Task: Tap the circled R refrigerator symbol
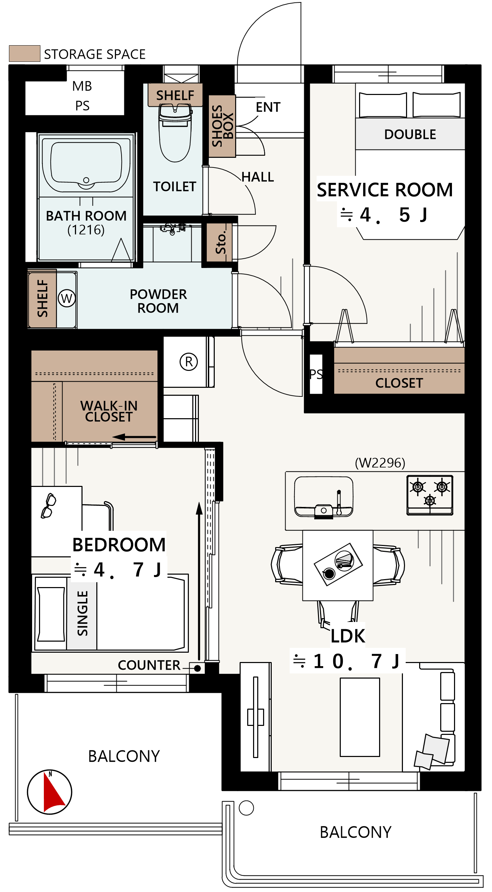pos(189,362)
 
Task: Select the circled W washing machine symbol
pos(67,298)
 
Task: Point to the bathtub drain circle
pos(86,180)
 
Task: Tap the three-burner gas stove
pos(430,495)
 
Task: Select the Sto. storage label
pos(221,242)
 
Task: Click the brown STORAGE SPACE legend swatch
pos(25,54)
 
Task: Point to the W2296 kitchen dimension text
pos(380,463)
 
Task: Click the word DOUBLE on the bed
pos(410,134)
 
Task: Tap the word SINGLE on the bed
pos(83,613)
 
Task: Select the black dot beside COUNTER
pos(197,668)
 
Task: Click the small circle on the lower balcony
pos(246,808)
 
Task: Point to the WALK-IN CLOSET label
pos(109,411)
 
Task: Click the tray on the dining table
pos(338,564)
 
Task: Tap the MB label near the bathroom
pos(82,86)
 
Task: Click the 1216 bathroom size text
pos(86,230)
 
